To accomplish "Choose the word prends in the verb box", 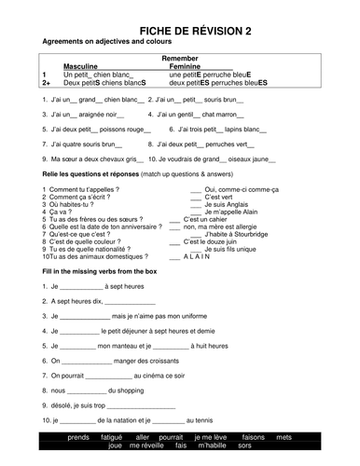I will [x=79, y=436].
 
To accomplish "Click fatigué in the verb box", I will [x=112, y=436].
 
